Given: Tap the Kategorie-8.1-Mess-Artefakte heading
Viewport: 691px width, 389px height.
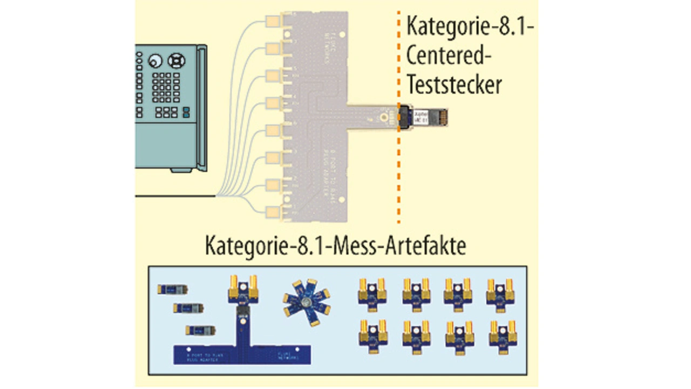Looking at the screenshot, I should click(335, 247).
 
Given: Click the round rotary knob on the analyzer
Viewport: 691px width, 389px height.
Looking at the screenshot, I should click(156, 60).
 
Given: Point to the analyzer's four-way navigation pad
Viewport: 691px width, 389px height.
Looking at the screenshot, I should click(175, 60).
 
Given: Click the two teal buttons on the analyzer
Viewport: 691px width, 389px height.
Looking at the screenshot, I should click(186, 112).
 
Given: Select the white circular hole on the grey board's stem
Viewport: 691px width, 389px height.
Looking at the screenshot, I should click(382, 117).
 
